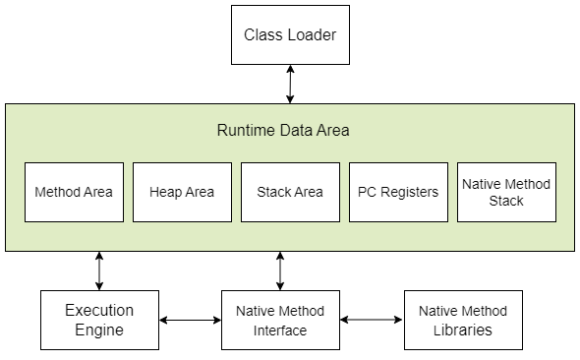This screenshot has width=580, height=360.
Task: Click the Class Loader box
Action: coord(290,34)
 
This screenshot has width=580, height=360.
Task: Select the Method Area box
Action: coord(74,192)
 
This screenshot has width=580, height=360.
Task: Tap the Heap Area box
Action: coord(183,192)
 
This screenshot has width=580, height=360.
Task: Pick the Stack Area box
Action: coord(290,192)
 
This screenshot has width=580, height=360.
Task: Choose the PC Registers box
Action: coord(398,192)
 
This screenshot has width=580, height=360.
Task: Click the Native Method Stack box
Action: coord(506,192)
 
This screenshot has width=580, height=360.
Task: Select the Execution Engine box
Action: coord(99,320)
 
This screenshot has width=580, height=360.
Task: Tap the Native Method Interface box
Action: coord(280,320)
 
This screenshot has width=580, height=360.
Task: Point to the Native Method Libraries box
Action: coord(463,320)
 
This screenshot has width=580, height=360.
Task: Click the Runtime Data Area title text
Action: coord(283,130)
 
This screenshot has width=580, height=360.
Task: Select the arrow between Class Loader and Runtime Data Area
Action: coord(290,85)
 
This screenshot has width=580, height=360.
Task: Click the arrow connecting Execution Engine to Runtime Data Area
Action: coord(99,270)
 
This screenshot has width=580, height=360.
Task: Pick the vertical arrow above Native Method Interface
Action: coord(280,270)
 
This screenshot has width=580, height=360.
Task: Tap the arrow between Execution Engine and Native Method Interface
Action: coord(190,320)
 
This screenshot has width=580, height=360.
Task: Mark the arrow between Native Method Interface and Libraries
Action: coord(372,320)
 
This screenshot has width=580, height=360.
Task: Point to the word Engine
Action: coord(99,330)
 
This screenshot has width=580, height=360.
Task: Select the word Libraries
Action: coord(463,330)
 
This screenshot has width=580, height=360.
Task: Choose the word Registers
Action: coord(410,193)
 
